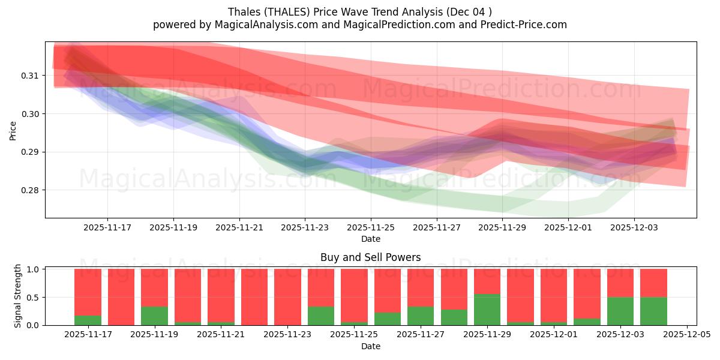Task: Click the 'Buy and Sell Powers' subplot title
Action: pyautogui.click(x=370, y=257)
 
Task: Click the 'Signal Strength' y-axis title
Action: pyautogui.click(x=18, y=296)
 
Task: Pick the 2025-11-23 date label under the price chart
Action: pyautogui.click(x=305, y=227)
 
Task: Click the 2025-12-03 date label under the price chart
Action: pyautogui.click(x=634, y=227)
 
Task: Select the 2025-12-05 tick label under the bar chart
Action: pyautogui.click(x=686, y=335)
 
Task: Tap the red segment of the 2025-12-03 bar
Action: pyautogui.click(x=620, y=283)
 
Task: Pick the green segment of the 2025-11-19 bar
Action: pyautogui.click(x=154, y=316)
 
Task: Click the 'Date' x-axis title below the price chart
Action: pyautogui.click(x=370, y=239)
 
